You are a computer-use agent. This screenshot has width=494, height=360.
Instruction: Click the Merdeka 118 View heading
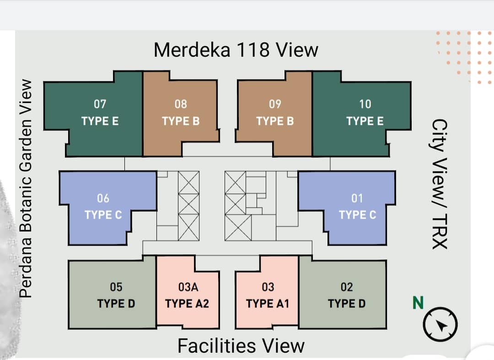[236, 50]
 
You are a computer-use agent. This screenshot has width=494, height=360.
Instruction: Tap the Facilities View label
[241, 345]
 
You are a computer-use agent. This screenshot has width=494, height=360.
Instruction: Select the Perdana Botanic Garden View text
[26, 188]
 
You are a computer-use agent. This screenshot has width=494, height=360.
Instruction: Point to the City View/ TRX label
[440, 184]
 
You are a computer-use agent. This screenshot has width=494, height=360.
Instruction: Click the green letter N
[418, 303]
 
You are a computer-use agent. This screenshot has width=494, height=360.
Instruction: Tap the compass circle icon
[440, 324]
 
